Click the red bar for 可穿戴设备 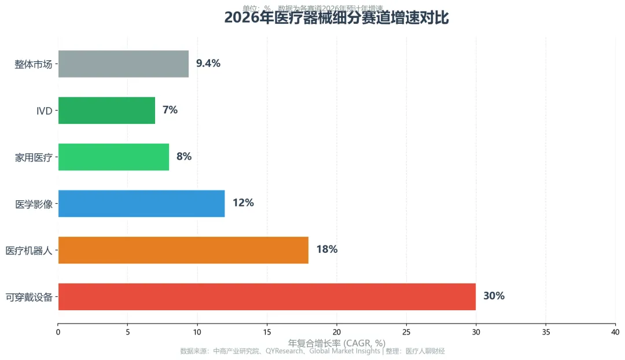267,296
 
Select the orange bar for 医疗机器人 183,250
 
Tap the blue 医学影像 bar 141,203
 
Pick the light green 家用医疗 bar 113,157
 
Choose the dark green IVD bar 106,110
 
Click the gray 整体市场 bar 123,64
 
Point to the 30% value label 494,296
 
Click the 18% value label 326,249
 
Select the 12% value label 243,203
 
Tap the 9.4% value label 208,64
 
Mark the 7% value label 170,110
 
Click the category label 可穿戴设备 29,297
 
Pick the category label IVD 44,111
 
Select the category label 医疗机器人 29,251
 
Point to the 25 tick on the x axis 406,332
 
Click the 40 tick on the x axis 615,332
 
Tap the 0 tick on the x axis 58,332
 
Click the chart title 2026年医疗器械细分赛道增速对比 336,18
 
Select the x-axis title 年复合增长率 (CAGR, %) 336,343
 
